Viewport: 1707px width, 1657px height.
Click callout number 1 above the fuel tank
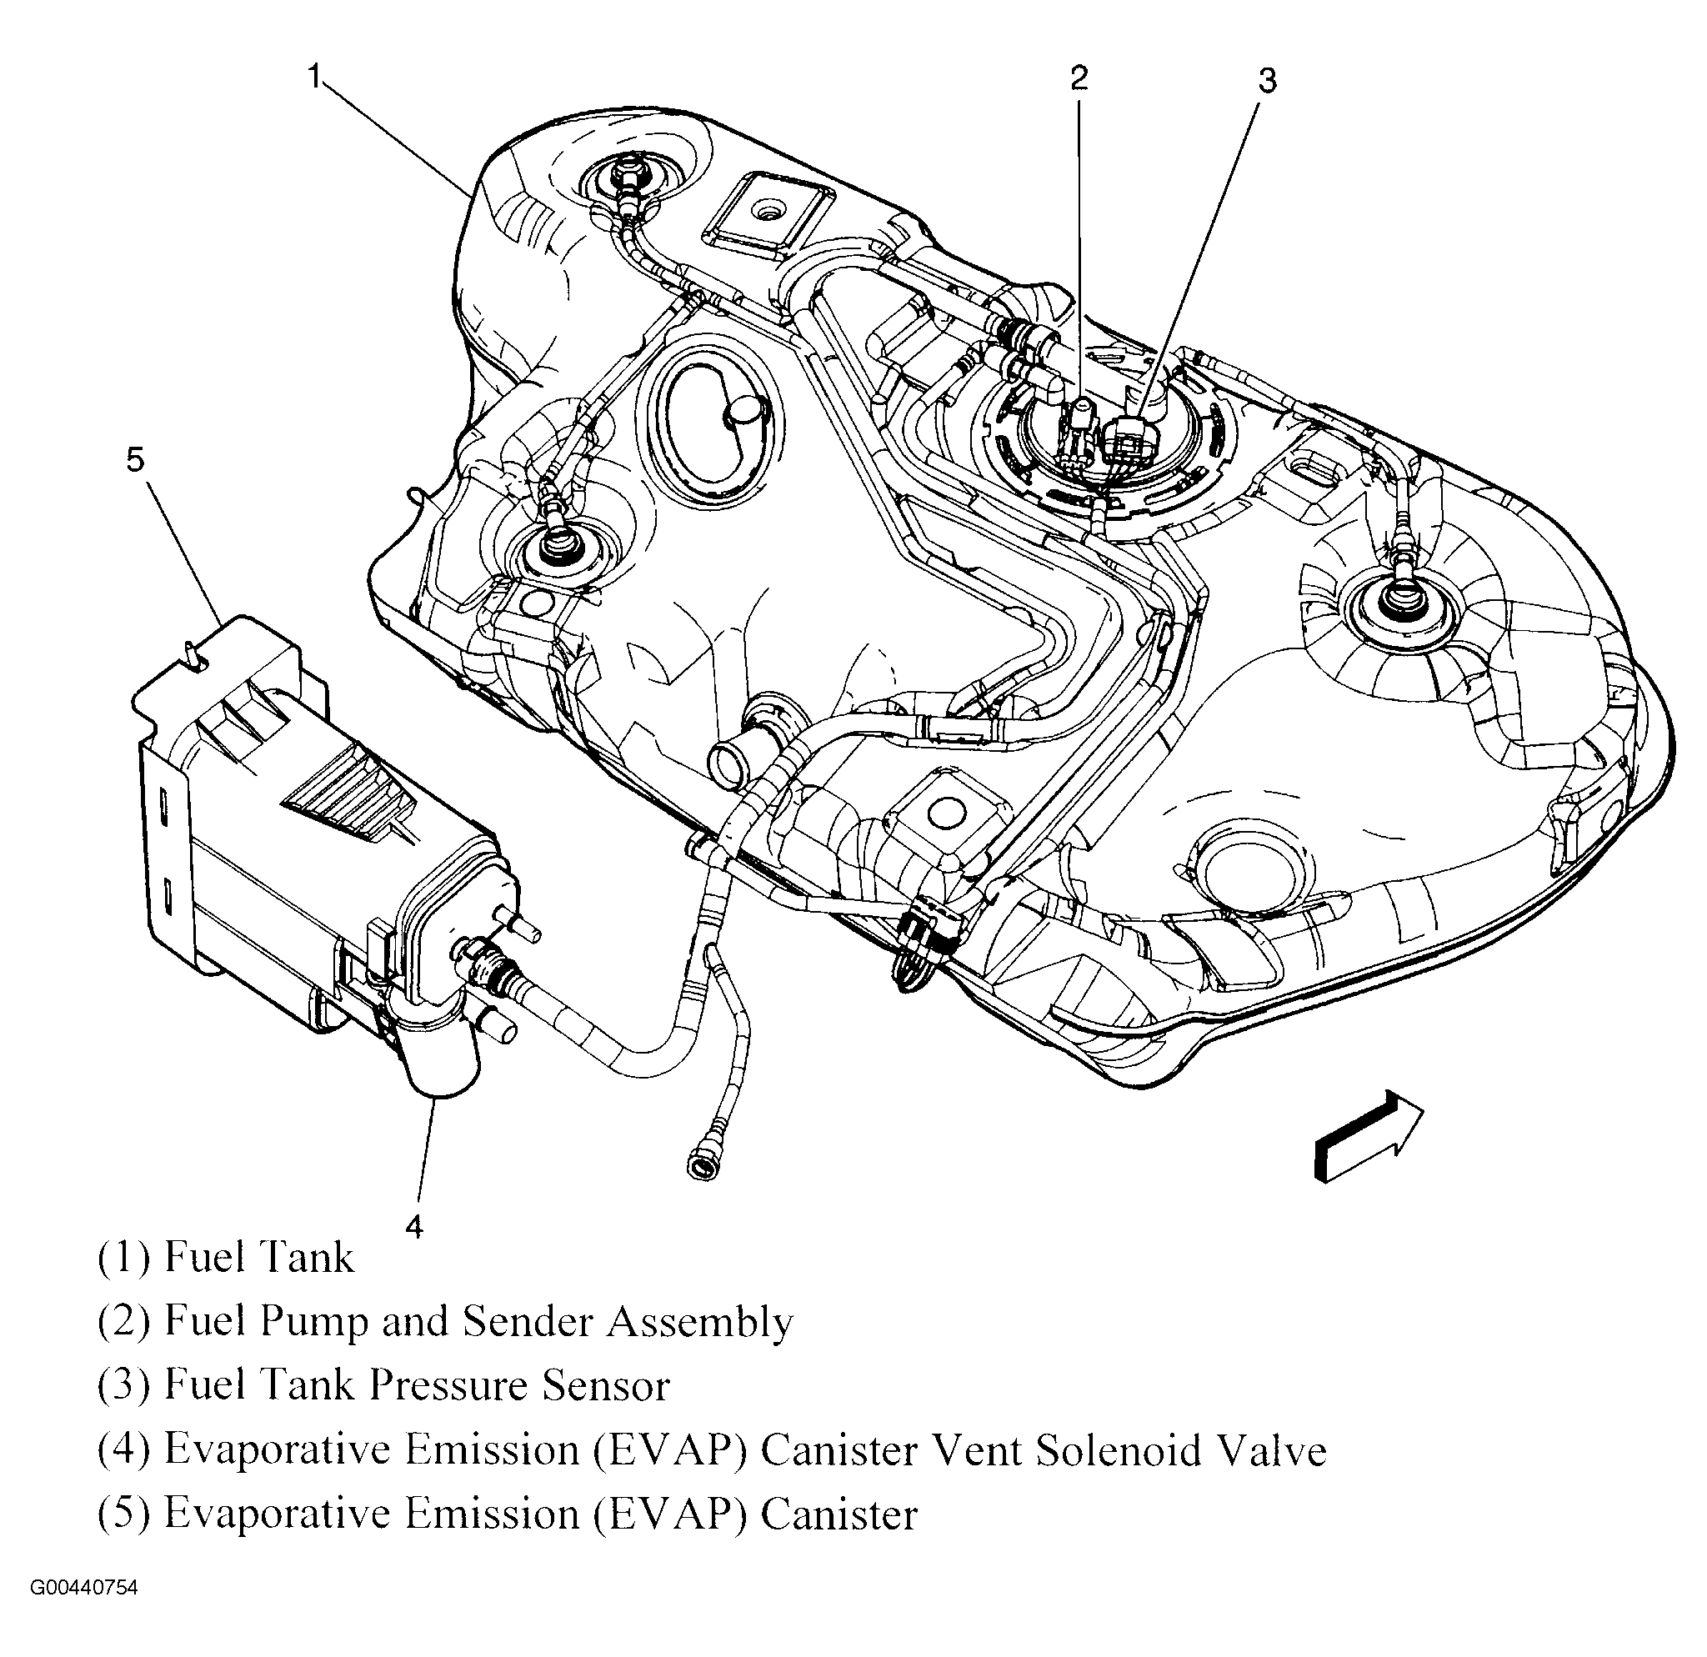[x=314, y=77]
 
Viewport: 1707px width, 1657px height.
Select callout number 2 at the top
[x=1079, y=78]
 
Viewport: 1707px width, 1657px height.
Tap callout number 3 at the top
[x=1267, y=81]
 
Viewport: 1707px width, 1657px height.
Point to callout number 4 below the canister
[x=413, y=1227]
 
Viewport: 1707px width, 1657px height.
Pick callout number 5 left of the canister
[x=135, y=460]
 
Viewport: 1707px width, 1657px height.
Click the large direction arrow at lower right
[x=1367, y=1136]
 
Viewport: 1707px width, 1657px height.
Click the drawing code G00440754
[x=84, y=1612]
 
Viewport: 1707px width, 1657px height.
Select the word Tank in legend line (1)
[x=307, y=1257]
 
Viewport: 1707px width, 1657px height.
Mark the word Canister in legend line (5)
[x=838, y=1514]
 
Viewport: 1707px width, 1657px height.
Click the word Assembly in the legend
[x=699, y=1323]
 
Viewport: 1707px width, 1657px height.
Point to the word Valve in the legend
[x=1274, y=1449]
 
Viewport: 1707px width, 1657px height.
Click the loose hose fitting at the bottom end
[x=701, y=1164]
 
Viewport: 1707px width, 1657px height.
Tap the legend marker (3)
[x=124, y=1385]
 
